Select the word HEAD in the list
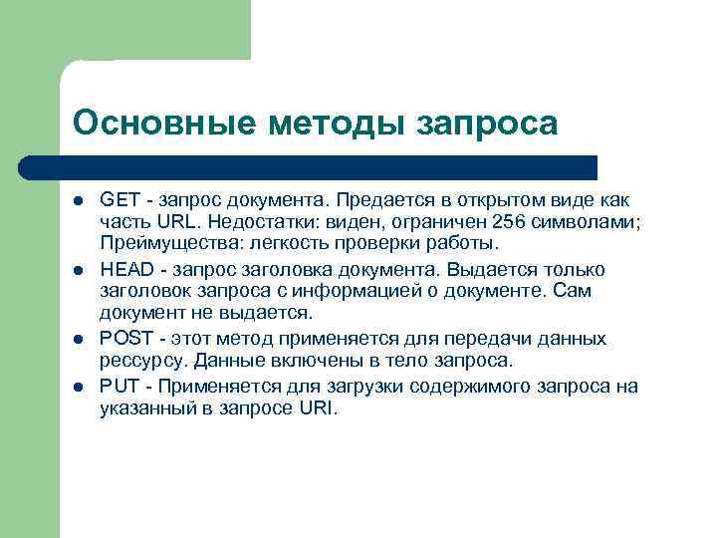pyautogui.click(x=123, y=270)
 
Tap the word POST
pyautogui.click(x=124, y=339)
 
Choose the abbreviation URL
pyautogui.click(x=162, y=223)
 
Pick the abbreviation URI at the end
pyautogui.click(x=318, y=408)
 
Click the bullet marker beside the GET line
pyautogui.click(x=79, y=201)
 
